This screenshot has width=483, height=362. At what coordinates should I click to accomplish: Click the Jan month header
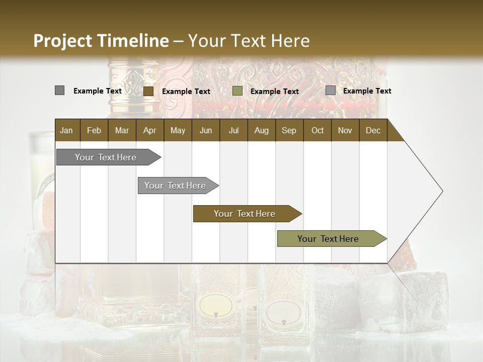pos(66,131)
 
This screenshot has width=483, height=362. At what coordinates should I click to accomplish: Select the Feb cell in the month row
pos(94,131)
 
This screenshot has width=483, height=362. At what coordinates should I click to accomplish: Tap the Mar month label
pos(122,131)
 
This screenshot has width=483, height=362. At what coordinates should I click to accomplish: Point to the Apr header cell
pos(149,131)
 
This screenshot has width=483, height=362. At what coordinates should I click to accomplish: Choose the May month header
pos(178,131)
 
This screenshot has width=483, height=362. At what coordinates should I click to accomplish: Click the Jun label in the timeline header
pos(206,131)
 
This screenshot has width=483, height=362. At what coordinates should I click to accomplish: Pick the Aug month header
pos(261,131)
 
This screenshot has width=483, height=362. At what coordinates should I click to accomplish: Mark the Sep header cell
pos(289,131)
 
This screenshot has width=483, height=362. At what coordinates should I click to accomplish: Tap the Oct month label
pos(317,131)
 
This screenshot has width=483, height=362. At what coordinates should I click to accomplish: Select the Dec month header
pos(373,131)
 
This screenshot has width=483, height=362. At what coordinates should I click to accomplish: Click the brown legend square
pos(148,91)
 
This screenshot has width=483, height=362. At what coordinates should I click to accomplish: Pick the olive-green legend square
pos(237,91)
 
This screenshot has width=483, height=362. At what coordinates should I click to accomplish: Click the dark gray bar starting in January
pos(106,157)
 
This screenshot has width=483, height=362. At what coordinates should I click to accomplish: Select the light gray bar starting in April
pos(175,186)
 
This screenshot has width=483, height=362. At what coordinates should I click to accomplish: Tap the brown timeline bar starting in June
pos(245,214)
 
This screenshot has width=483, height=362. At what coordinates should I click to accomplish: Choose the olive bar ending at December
pos(328,239)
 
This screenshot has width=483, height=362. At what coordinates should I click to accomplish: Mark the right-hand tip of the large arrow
pos(442,191)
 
